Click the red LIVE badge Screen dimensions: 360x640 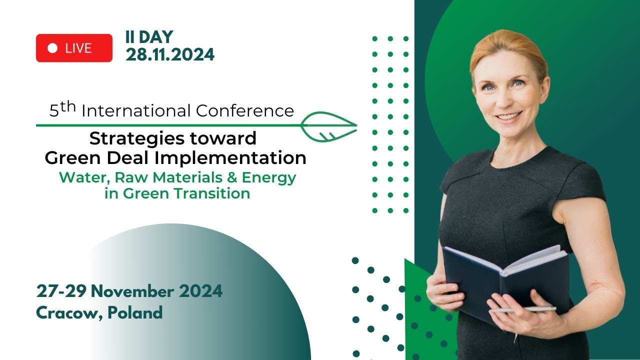74,48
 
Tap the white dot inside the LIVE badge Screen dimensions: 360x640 52,48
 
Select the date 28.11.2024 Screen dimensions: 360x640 170,54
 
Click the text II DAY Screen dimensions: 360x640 149,37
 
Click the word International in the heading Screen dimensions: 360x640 136,111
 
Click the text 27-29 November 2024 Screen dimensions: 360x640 129,291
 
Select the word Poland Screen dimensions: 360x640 135,313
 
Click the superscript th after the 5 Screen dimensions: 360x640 68,106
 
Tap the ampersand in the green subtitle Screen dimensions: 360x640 233,177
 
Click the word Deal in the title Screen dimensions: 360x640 132,158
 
